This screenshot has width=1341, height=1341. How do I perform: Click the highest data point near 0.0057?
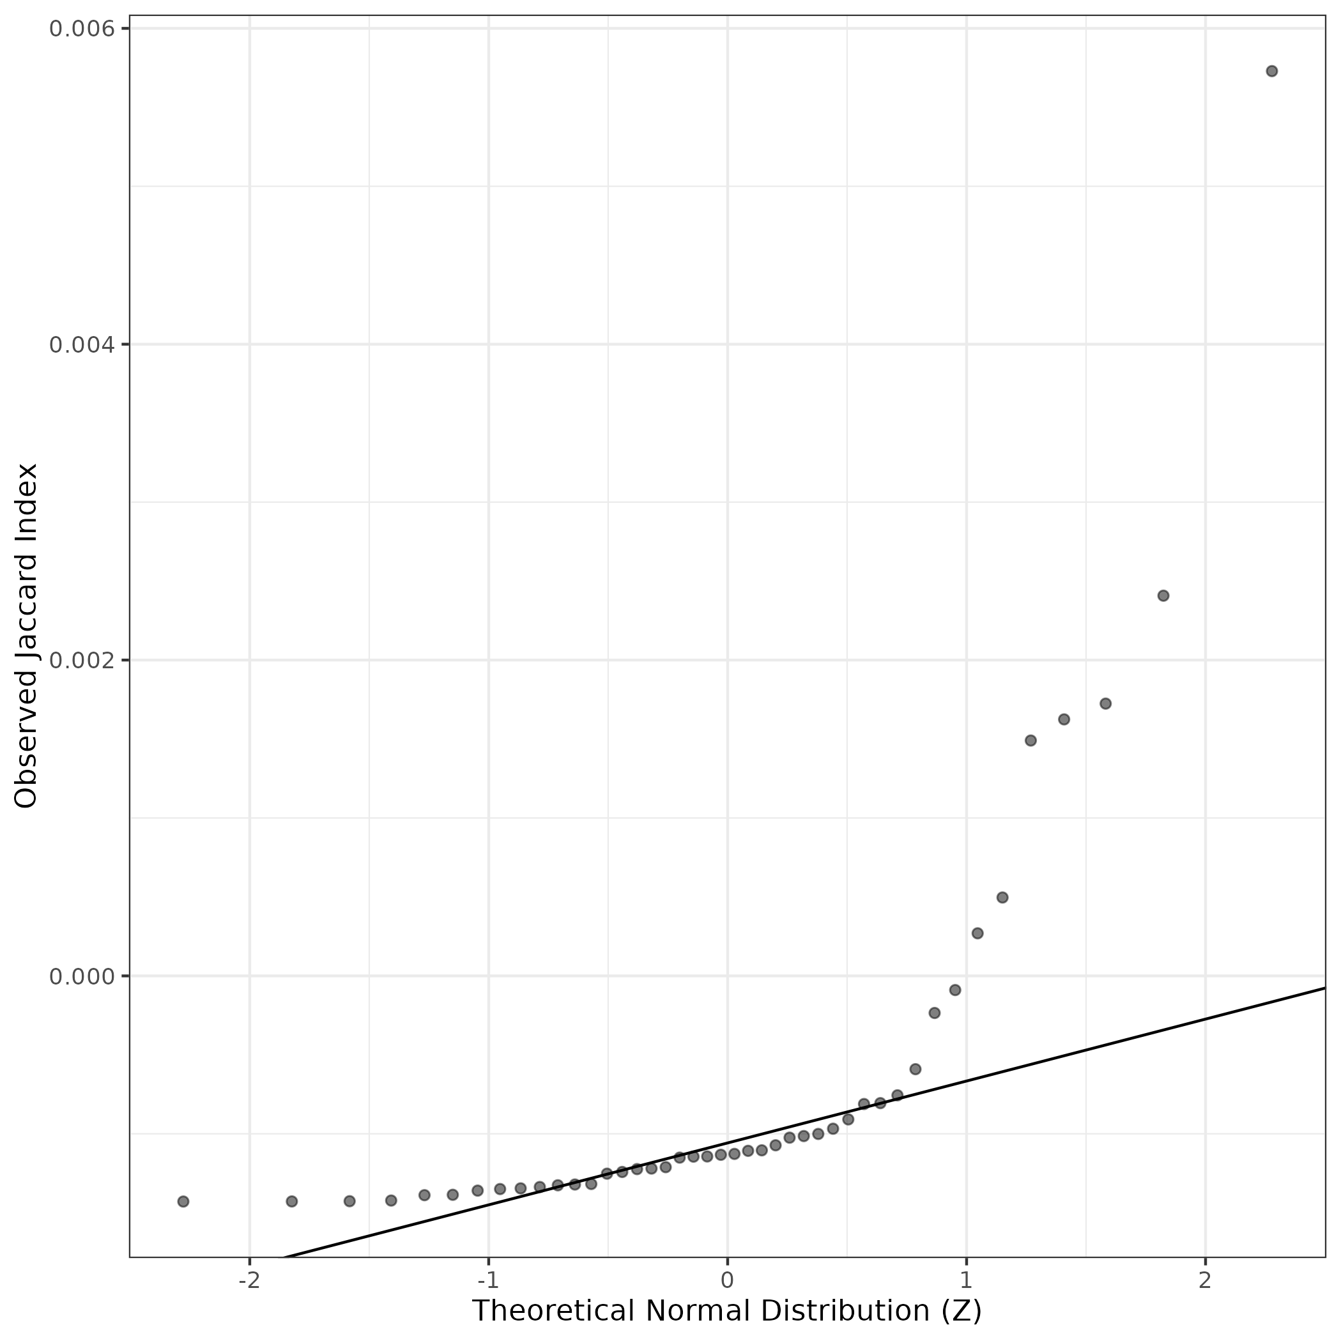(x=1271, y=71)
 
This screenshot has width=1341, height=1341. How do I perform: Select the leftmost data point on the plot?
(x=183, y=1202)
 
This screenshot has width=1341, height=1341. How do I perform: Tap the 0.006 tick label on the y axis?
(x=81, y=29)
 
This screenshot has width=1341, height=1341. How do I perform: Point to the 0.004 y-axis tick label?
(x=81, y=345)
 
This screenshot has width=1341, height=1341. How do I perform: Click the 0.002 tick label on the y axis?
(x=81, y=660)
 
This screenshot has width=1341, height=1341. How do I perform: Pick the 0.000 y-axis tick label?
(x=81, y=977)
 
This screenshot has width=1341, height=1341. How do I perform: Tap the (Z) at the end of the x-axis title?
(x=962, y=1311)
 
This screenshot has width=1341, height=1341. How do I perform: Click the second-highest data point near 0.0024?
(x=1163, y=595)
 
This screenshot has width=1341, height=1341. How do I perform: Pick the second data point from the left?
(x=291, y=1202)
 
